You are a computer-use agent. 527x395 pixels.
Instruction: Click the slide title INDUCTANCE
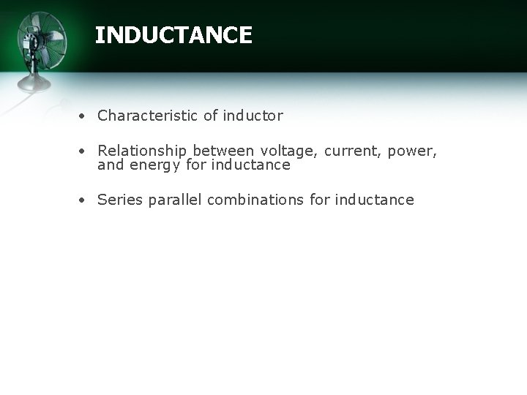(x=173, y=35)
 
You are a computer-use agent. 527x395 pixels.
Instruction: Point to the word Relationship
(x=143, y=151)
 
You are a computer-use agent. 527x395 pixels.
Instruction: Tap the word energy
(x=154, y=165)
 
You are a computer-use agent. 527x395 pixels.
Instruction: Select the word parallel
(x=176, y=200)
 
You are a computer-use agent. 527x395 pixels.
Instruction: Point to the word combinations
(x=256, y=200)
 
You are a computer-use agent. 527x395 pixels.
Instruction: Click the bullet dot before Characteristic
(x=86, y=116)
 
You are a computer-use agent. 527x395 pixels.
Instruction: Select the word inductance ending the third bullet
(x=375, y=200)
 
